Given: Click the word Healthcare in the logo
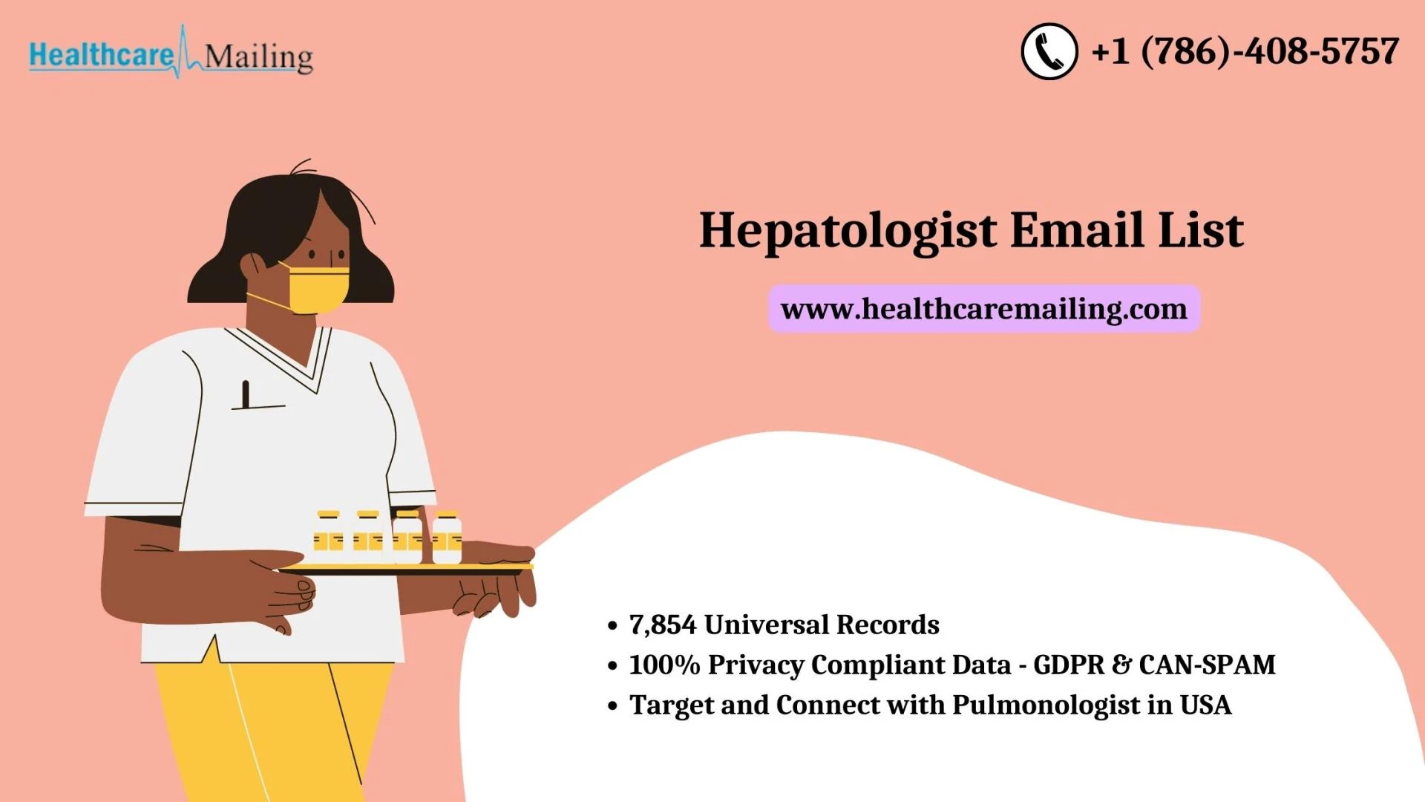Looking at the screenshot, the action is [x=101, y=56].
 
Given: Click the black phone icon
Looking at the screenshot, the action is [x=1049, y=51].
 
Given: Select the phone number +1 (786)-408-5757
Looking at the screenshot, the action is [x=1245, y=51].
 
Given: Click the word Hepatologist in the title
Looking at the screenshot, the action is [x=848, y=232].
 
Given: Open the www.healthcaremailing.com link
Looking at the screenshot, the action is [x=984, y=309].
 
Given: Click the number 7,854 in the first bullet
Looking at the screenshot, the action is [x=663, y=625].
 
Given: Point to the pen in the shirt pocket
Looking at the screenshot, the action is [x=246, y=394].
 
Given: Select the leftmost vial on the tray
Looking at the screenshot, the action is [x=328, y=536].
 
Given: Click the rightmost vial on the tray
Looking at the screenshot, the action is [x=447, y=536].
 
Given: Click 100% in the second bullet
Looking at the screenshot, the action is [x=664, y=665].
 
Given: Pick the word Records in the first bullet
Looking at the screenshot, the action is [x=888, y=625].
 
